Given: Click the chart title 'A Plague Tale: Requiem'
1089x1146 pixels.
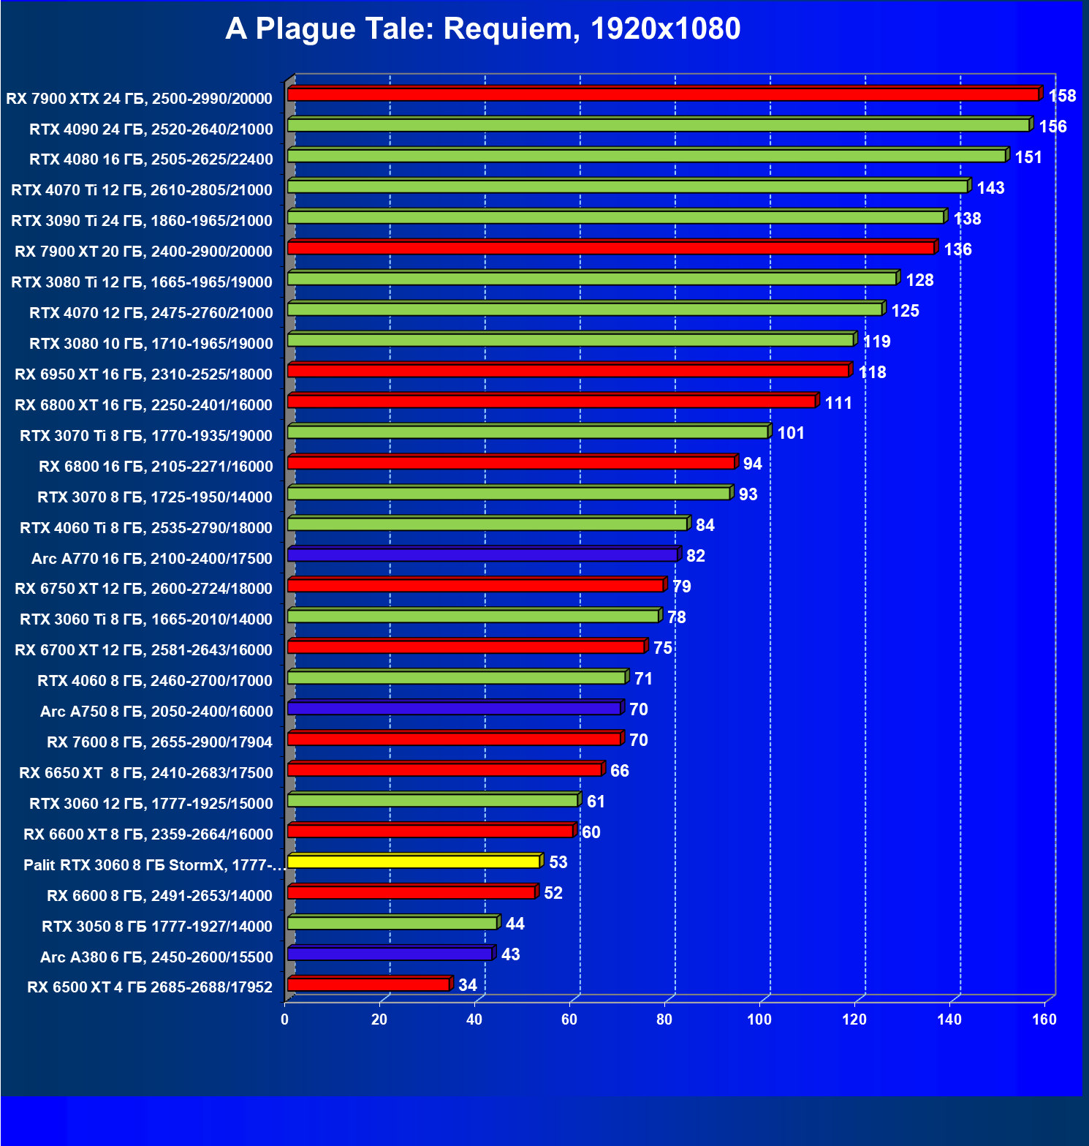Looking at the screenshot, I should click(x=482, y=29).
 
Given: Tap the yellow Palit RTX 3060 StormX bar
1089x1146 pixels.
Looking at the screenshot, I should click(x=414, y=862).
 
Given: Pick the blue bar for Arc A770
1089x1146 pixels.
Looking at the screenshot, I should click(x=482, y=555).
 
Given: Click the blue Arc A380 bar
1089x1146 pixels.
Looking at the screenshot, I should click(x=390, y=954).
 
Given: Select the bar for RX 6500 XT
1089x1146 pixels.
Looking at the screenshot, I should click(x=368, y=984).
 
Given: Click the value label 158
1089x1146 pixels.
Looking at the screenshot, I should click(x=1062, y=96).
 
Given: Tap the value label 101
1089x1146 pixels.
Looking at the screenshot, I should click(x=791, y=433).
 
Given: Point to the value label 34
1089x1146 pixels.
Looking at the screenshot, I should click(x=468, y=985).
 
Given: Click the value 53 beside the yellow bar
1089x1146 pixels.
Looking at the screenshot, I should click(x=558, y=862).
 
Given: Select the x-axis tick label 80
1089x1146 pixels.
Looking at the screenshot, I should click(x=664, y=1019).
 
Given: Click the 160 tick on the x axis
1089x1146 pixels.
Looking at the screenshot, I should click(x=1044, y=1019).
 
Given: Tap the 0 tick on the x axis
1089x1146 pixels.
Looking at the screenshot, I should click(x=284, y=1019).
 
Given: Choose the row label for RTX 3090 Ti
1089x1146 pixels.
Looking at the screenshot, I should click(x=142, y=221).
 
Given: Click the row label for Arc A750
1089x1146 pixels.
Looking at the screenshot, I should click(x=156, y=712).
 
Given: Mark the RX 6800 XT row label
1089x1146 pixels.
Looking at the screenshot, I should click(x=143, y=405).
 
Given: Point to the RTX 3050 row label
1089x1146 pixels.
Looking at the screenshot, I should click(x=157, y=927).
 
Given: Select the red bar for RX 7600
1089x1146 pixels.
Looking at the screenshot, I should click(x=454, y=739).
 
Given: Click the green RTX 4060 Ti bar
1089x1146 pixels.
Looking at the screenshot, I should click(x=487, y=524).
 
